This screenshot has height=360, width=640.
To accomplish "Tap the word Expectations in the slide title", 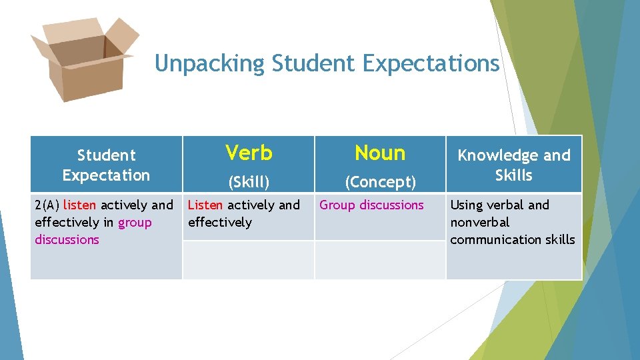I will point(431,64).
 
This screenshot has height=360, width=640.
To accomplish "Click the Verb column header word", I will point(249,153).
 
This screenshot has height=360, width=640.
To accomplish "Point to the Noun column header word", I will point(380,153).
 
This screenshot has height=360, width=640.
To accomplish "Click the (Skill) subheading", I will point(249,181).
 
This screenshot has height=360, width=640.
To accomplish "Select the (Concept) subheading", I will point(380,181).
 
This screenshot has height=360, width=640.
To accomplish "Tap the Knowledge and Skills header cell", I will point(513,165).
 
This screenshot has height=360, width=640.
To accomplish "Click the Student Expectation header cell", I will point(106,165).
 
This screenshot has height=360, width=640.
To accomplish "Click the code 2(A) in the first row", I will point(47,205).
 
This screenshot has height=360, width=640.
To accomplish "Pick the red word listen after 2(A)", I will point(79,205).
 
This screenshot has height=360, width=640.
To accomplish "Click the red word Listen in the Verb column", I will point(205,205).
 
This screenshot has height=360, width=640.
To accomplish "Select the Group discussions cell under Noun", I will point(371,205).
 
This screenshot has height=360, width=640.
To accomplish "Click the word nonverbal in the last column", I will point(479,222).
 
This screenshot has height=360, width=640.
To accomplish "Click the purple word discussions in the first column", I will point(67,239).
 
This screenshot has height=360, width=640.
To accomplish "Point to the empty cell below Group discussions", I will point(380,259).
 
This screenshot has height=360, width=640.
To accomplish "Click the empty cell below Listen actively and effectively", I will point(249,259).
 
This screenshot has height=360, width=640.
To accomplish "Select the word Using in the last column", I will point(467,205).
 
